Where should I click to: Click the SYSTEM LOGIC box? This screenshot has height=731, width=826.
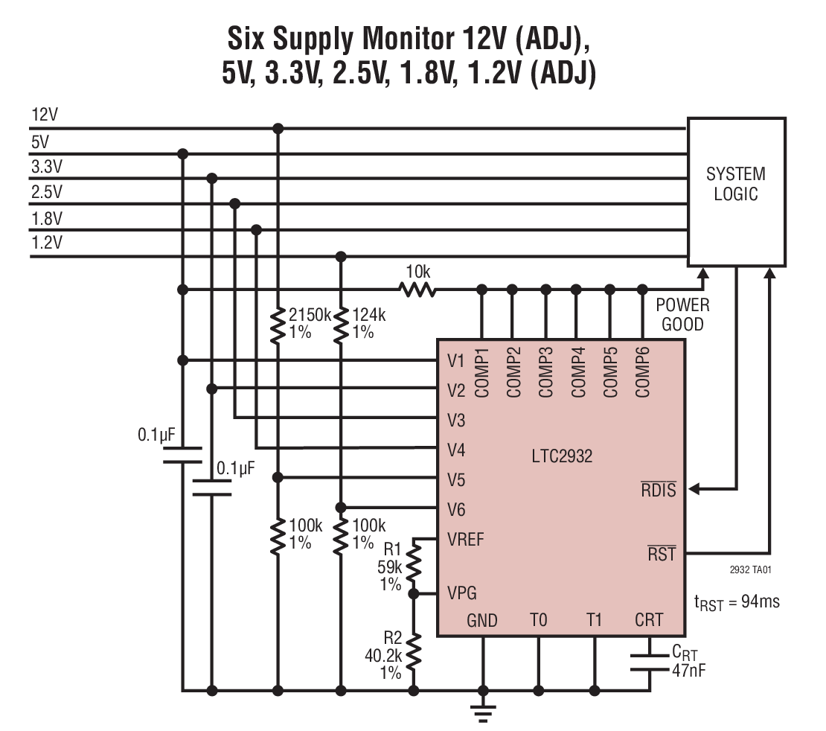(735, 191)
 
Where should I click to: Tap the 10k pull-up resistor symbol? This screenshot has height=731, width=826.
(417, 289)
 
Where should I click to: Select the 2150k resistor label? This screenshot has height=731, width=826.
(310, 322)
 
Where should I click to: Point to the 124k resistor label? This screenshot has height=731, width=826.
(368, 322)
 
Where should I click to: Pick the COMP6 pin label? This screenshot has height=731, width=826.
(643, 372)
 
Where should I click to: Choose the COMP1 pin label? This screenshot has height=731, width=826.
(481, 372)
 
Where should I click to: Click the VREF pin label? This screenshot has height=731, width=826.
(466, 539)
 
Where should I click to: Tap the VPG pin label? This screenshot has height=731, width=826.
(462, 593)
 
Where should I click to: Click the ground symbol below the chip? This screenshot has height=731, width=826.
(484, 715)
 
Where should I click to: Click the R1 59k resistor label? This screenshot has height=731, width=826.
(390, 567)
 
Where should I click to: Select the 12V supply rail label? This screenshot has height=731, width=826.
(45, 116)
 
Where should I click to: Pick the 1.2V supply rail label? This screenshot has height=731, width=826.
(47, 243)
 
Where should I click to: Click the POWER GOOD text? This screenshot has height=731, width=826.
(682, 315)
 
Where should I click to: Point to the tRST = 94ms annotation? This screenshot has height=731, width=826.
(737, 601)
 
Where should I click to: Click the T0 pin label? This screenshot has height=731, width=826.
(538, 619)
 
